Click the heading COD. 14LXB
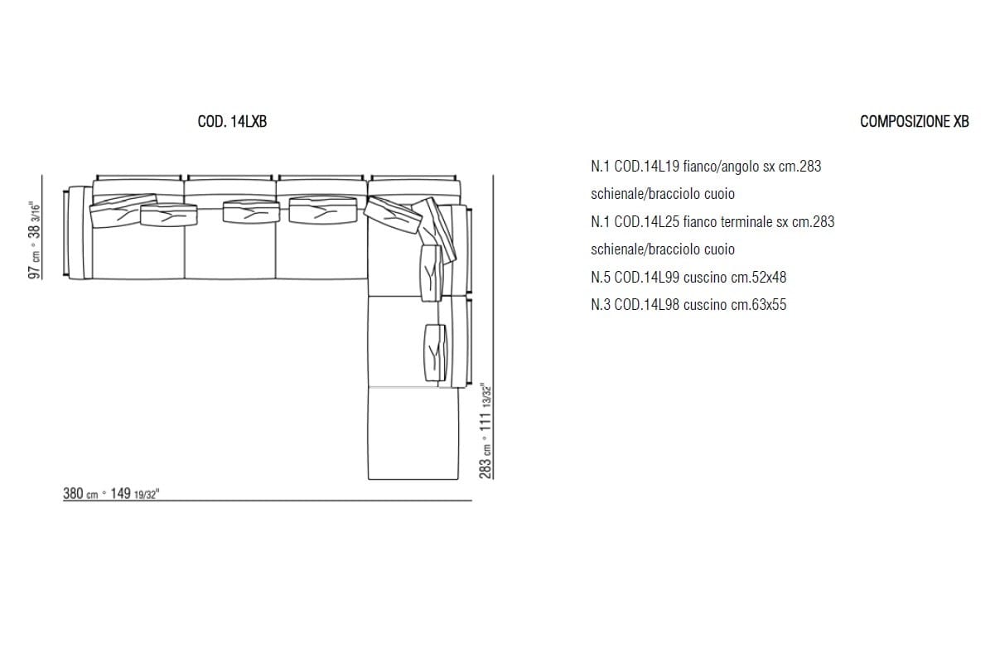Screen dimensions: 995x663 (232, 121)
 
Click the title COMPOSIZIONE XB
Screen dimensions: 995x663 (914, 121)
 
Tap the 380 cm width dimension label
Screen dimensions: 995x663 (111, 493)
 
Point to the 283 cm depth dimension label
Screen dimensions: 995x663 (485, 431)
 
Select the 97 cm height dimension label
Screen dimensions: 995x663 (34, 240)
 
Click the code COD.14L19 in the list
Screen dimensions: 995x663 (647, 167)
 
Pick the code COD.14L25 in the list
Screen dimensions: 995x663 (647, 222)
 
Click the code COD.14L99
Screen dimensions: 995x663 (647, 278)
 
